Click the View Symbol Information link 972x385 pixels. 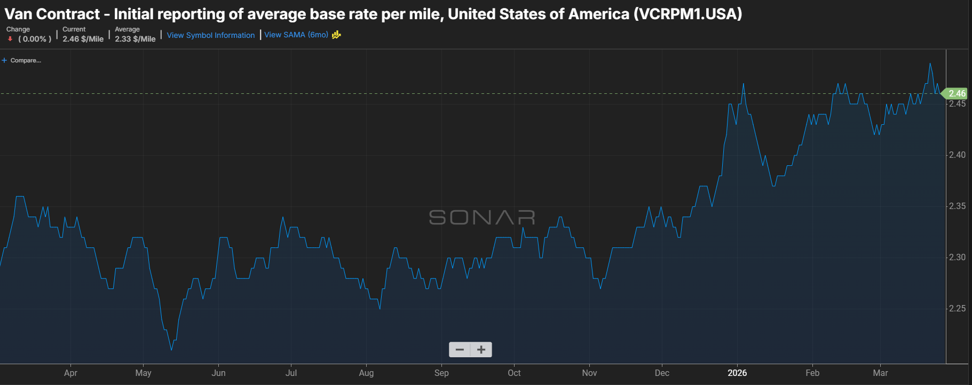[x=211, y=35]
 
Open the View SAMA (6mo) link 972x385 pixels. [x=296, y=35]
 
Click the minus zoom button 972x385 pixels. [x=460, y=350]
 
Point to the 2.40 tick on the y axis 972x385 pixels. [x=957, y=155]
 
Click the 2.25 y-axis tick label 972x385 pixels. [x=957, y=308]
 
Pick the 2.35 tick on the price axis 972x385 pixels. [x=957, y=206]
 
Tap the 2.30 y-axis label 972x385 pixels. [x=957, y=257]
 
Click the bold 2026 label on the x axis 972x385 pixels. [x=737, y=373]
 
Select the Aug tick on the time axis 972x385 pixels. [x=366, y=373]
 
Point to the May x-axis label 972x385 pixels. [x=143, y=373]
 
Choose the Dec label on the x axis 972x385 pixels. [x=662, y=373]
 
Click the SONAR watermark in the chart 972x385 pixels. [x=482, y=217]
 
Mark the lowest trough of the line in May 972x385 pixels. [x=171, y=349]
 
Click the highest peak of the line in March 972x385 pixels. [x=930, y=63]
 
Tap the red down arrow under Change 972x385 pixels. [x=10, y=39]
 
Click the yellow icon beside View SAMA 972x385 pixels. [x=336, y=35]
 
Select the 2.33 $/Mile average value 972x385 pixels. [x=135, y=39]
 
